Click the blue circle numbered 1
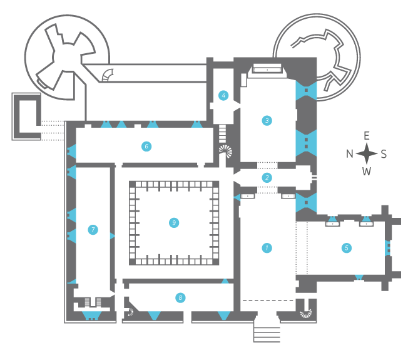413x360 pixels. [x=267, y=248]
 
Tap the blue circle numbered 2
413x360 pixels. [x=267, y=178]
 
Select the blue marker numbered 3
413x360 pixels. [x=267, y=120]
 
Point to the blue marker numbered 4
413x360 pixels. [x=223, y=95]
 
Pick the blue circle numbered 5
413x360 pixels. [x=347, y=248]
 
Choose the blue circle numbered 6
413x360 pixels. [x=146, y=147]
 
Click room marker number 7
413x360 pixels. [x=93, y=230]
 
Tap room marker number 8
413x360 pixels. [x=180, y=298]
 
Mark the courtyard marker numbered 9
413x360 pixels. [x=174, y=223]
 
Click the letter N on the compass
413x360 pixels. [x=350, y=153]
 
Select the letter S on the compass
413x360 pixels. [x=384, y=154]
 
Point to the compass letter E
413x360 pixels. [x=366, y=136]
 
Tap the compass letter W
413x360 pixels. [x=366, y=172]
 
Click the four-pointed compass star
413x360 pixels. [x=366, y=153]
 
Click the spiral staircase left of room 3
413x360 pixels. [x=225, y=152]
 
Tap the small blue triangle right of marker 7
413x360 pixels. [x=113, y=236]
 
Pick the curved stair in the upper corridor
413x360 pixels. [x=108, y=75]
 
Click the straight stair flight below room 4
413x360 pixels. [x=223, y=133]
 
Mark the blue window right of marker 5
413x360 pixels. [x=387, y=248]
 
